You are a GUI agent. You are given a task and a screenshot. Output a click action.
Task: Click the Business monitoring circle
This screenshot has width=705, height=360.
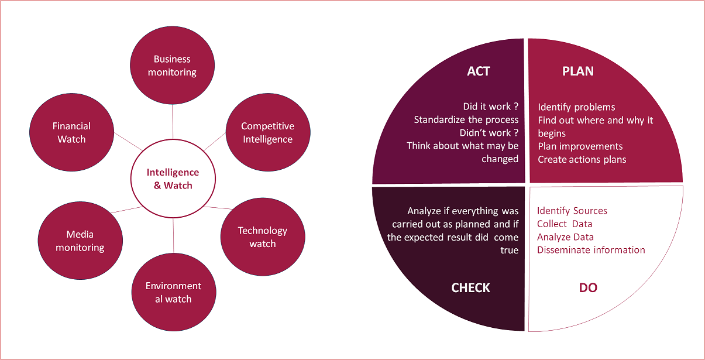point(172,66)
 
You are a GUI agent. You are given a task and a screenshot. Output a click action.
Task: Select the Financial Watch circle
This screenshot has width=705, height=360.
point(71,132)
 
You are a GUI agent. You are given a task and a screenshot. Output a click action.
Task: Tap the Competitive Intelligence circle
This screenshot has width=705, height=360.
point(267,132)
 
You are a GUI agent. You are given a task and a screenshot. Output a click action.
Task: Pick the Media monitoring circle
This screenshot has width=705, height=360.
point(80,241)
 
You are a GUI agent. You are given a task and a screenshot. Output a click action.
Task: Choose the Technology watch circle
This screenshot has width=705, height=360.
point(262,237)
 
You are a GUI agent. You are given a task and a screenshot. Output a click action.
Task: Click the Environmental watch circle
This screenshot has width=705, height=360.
point(173,292)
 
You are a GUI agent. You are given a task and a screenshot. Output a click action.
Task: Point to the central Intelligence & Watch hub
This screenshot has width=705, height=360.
point(173,179)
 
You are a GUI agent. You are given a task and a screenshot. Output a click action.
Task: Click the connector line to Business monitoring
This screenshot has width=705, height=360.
point(173,122)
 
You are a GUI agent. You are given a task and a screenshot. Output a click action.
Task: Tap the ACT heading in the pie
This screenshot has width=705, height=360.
point(479,71)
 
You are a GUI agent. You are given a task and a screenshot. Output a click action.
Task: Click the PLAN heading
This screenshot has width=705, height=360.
point(577,71)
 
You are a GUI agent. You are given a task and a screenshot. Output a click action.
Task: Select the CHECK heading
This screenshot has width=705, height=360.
point(470,288)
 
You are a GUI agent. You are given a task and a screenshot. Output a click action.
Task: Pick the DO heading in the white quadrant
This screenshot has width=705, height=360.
point(588,288)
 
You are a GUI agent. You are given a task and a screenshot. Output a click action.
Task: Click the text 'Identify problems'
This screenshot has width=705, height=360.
point(576,107)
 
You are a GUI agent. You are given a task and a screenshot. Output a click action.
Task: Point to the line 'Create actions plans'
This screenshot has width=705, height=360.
point(582,159)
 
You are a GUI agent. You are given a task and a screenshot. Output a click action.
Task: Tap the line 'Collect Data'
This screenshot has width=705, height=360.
point(565,224)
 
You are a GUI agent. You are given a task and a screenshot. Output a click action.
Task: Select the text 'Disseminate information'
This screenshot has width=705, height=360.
point(591,250)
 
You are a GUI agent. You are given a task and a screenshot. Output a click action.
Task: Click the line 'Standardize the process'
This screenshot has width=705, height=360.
point(466,119)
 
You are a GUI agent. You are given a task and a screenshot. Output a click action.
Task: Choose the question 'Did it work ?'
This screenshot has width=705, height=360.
point(490,107)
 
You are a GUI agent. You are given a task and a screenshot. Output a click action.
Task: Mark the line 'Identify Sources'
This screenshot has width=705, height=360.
point(572,211)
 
